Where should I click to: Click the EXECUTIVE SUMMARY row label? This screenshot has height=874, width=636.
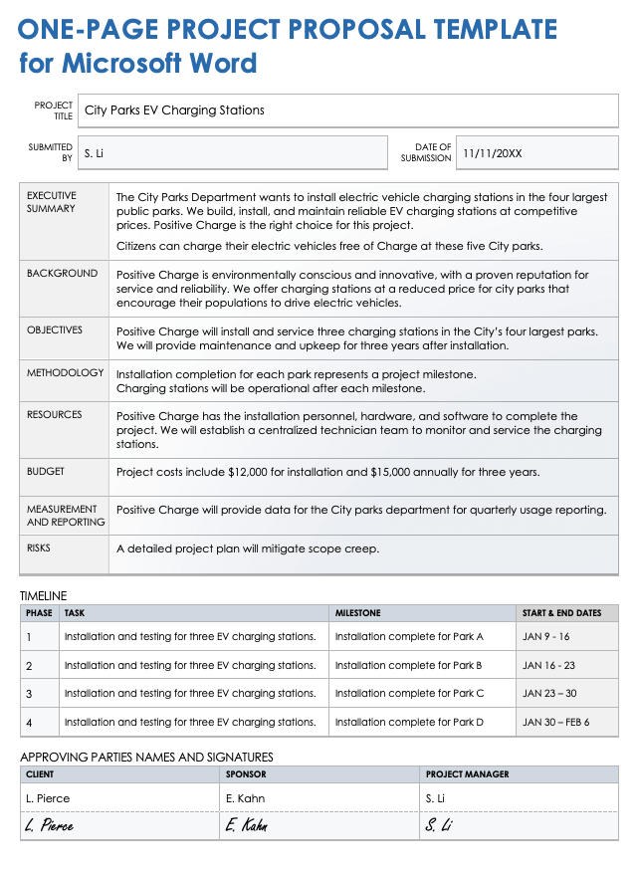(52, 202)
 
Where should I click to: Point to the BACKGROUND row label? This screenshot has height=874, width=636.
(62, 274)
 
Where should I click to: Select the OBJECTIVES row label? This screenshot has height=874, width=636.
(55, 330)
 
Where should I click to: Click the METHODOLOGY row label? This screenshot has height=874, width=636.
(65, 373)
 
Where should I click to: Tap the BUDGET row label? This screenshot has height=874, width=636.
(46, 472)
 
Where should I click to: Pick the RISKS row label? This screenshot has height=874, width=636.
(39, 548)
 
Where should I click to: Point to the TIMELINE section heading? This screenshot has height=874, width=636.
(43, 595)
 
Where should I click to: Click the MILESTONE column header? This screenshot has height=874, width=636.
(357, 613)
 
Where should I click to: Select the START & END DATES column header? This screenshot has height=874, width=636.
(561, 613)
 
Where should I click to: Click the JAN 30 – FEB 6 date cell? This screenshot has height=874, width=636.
(555, 722)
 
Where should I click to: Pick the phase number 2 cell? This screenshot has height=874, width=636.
(29, 666)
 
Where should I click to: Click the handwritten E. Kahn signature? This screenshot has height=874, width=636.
(246, 825)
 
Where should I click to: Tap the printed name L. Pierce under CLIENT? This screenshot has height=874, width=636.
(48, 798)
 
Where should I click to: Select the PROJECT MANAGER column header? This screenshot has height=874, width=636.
(467, 774)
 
